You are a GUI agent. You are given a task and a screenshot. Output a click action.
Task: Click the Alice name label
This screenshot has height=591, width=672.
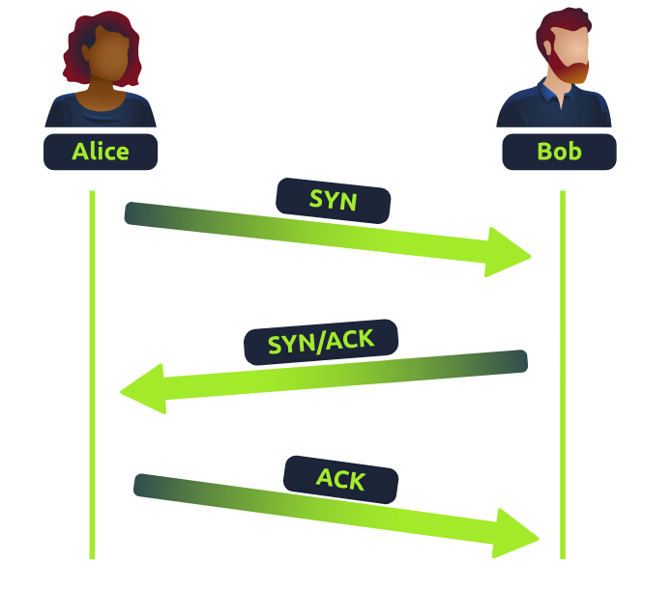(x=100, y=152)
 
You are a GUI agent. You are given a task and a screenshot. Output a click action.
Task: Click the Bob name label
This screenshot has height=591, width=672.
(x=559, y=152)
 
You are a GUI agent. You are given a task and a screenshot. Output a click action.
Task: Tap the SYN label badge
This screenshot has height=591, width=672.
(x=333, y=200)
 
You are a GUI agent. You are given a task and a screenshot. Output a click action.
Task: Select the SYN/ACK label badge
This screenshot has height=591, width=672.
(x=321, y=341)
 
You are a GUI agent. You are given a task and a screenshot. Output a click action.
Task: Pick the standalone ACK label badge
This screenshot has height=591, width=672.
(x=340, y=478)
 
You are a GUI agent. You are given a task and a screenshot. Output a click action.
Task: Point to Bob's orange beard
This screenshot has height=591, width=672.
(x=572, y=70)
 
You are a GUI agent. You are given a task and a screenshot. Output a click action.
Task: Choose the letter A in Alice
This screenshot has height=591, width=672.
(x=80, y=152)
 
